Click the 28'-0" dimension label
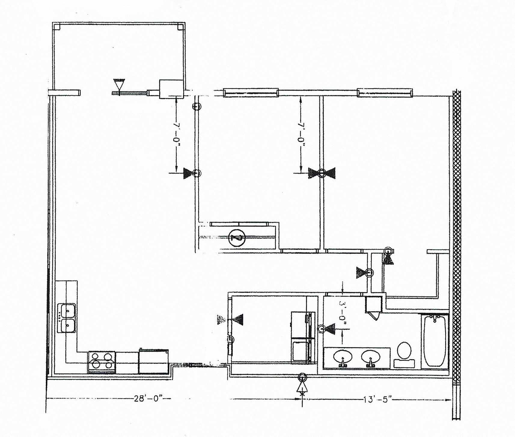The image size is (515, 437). coord(148,400)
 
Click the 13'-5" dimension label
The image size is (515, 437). coord(378,400)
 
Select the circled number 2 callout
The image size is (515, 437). coord(237,238)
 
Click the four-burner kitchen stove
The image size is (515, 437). coord(102,362)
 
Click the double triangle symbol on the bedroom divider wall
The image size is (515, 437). coord(321,173)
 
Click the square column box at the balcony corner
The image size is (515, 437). coord(171,89)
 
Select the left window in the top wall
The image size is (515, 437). coord(250,93)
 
